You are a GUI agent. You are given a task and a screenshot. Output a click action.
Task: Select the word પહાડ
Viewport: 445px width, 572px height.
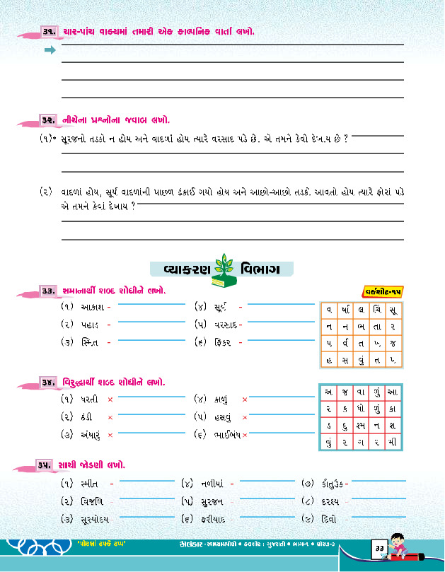[91, 325]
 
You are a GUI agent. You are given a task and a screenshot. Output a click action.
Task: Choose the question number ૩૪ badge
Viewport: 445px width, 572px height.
[48, 383]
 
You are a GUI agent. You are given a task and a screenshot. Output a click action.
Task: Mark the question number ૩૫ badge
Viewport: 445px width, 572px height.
[48, 466]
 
